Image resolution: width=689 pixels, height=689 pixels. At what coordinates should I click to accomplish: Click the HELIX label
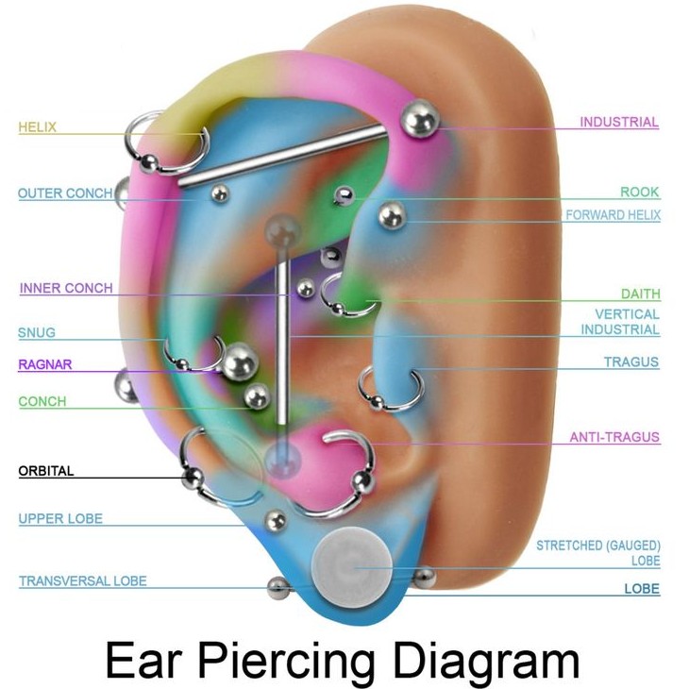pos(38,127)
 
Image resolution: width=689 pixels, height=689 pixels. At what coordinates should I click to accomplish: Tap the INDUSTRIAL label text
pos(619,122)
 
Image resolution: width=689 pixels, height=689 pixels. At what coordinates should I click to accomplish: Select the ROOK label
pos(640,192)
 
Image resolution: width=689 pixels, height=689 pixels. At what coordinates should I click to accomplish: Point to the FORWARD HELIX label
pos(613,215)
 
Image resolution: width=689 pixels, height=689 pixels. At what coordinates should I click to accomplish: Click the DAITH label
pos(641,294)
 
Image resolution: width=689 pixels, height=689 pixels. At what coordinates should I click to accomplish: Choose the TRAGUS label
pos(631,361)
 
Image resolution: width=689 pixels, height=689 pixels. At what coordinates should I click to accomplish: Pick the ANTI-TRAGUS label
pos(614,437)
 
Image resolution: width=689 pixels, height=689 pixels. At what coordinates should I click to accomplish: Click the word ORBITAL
pos(46,471)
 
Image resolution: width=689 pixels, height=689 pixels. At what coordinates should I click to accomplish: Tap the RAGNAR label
pos(44,364)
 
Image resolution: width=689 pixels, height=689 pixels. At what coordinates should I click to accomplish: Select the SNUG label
pos(37,332)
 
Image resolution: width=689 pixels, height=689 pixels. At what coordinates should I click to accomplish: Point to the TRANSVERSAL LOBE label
pos(83,580)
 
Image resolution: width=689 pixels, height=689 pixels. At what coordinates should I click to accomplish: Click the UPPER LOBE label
pos(60,518)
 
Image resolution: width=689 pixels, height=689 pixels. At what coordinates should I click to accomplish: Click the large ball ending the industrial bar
pos(420,119)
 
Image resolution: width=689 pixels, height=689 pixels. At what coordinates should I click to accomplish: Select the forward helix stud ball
pos(392,215)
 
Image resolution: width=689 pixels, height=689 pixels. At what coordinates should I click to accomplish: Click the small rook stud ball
pos(344,195)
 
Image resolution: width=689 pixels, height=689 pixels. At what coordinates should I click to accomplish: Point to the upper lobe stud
pos(276,520)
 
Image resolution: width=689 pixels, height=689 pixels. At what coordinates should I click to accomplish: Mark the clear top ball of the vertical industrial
pos(282,229)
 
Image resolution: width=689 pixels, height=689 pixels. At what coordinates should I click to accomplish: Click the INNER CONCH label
pos(66,288)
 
